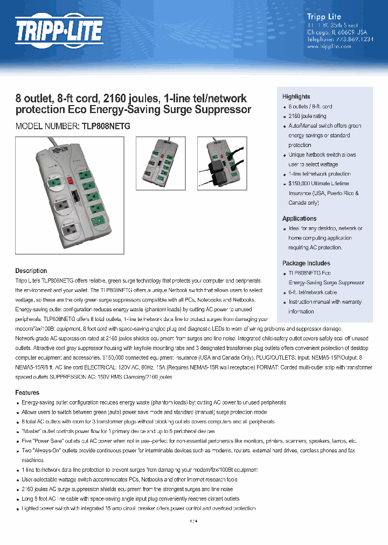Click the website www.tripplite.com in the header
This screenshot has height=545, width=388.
(329, 46)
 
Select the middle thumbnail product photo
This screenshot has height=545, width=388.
(160, 163)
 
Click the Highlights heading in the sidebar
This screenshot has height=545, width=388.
(296, 96)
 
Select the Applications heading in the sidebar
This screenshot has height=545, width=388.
(299, 218)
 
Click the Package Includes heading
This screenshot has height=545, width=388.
(306, 263)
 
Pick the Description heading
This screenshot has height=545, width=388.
(31, 271)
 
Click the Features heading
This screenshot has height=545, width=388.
(27, 393)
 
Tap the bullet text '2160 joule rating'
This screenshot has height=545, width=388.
(307, 116)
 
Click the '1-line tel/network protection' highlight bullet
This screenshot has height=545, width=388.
(320, 174)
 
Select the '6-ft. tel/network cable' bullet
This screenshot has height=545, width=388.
(313, 292)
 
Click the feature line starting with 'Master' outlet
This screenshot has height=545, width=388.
(118, 431)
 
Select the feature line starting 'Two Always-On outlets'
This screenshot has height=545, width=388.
(188, 450)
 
